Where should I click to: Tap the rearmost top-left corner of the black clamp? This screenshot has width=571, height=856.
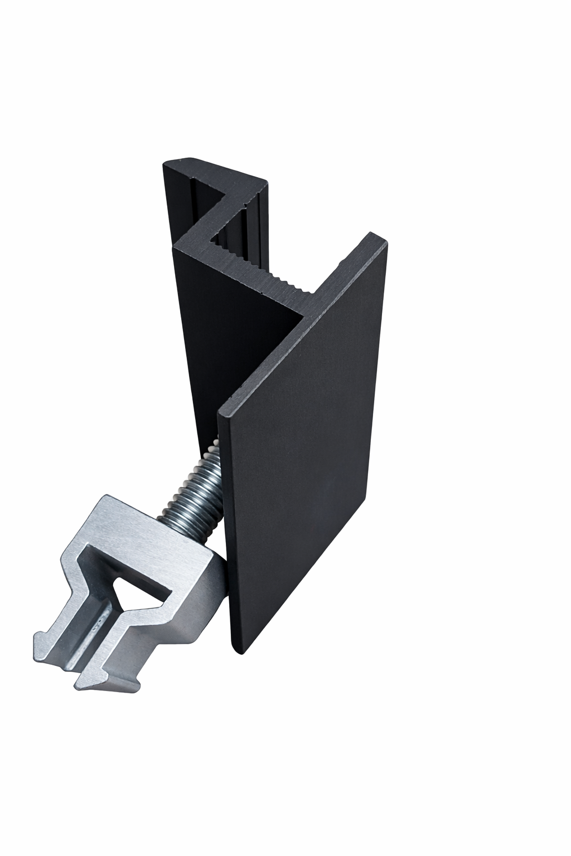pos(167,166)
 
